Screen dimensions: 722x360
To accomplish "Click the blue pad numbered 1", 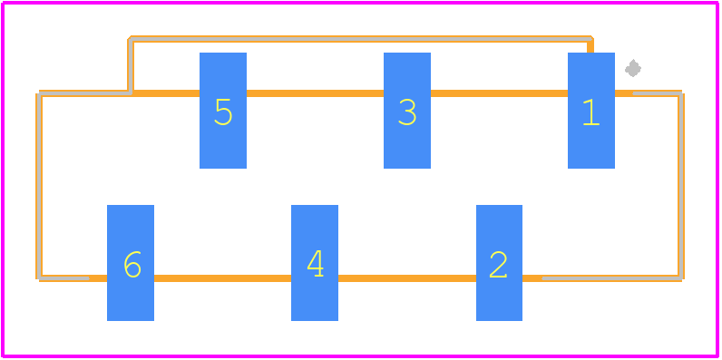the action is tap(591, 111).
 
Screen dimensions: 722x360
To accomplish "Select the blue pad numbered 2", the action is tap(499, 262).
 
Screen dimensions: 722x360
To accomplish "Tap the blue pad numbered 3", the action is tap(407, 111).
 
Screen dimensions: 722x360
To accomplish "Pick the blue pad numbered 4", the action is tap(315, 262).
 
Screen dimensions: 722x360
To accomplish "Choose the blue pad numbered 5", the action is tap(223, 111).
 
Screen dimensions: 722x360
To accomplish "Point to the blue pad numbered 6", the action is tap(131, 262).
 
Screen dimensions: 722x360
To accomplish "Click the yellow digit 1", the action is tap(590, 112).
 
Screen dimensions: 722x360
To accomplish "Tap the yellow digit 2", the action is tap(498, 265).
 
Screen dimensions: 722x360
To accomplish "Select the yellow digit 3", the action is tap(407, 112).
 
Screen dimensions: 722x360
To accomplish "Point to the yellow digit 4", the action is tap(316, 263).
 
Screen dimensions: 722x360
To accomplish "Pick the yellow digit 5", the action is tap(223, 112).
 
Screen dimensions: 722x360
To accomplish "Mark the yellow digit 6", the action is tap(132, 264).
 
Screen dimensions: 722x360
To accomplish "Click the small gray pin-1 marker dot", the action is tap(633, 68).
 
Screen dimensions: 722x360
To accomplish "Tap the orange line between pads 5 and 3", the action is tap(315, 93).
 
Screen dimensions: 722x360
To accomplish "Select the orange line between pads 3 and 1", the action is tap(499, 93).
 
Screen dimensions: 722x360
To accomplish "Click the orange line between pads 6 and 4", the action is tap(222, 278).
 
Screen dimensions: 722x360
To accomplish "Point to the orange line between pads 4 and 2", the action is tap(407, 278).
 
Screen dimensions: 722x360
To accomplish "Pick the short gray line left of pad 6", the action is tap(64, 278).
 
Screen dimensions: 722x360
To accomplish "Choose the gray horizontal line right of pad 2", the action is tap(611, 278).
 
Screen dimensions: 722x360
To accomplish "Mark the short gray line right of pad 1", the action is tap(657, 93).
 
